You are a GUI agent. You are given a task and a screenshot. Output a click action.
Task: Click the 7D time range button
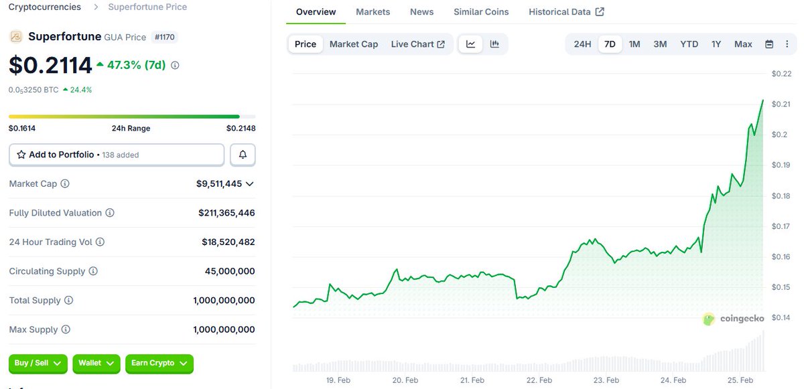coord(610,44)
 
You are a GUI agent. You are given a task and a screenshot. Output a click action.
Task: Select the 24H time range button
coord(582,44)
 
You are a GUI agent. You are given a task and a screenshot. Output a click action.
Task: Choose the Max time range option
coord(743,44)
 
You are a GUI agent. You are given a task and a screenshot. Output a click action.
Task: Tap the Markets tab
coord(373,12)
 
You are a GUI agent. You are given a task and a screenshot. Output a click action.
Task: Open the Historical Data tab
coord(566,12)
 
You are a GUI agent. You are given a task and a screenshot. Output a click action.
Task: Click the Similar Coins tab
coord(481,12)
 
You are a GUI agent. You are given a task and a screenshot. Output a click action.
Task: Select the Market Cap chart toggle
coord(354,44)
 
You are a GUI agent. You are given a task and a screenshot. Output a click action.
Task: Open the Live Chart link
coord(417,44)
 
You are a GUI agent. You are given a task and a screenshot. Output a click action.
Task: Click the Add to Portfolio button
coord(117,155)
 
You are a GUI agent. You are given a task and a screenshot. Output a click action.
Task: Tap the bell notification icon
coord(243,155)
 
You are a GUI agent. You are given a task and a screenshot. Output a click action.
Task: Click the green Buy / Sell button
coord(38,363)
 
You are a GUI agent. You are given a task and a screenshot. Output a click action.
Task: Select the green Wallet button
coord(96,363)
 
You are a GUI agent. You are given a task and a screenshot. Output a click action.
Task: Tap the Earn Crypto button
coord(159,363)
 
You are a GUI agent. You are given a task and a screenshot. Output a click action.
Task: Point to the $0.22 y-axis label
coord(781,74)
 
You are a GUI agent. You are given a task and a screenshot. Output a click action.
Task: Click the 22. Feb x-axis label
coord(539,380)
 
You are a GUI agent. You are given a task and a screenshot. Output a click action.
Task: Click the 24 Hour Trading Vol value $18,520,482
coord(228,242)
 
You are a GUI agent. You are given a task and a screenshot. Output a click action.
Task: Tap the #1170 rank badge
coord(164,37)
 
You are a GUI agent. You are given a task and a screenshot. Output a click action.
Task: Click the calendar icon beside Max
coord(769,44)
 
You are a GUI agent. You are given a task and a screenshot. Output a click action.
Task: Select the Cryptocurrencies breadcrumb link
coord(44,7)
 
